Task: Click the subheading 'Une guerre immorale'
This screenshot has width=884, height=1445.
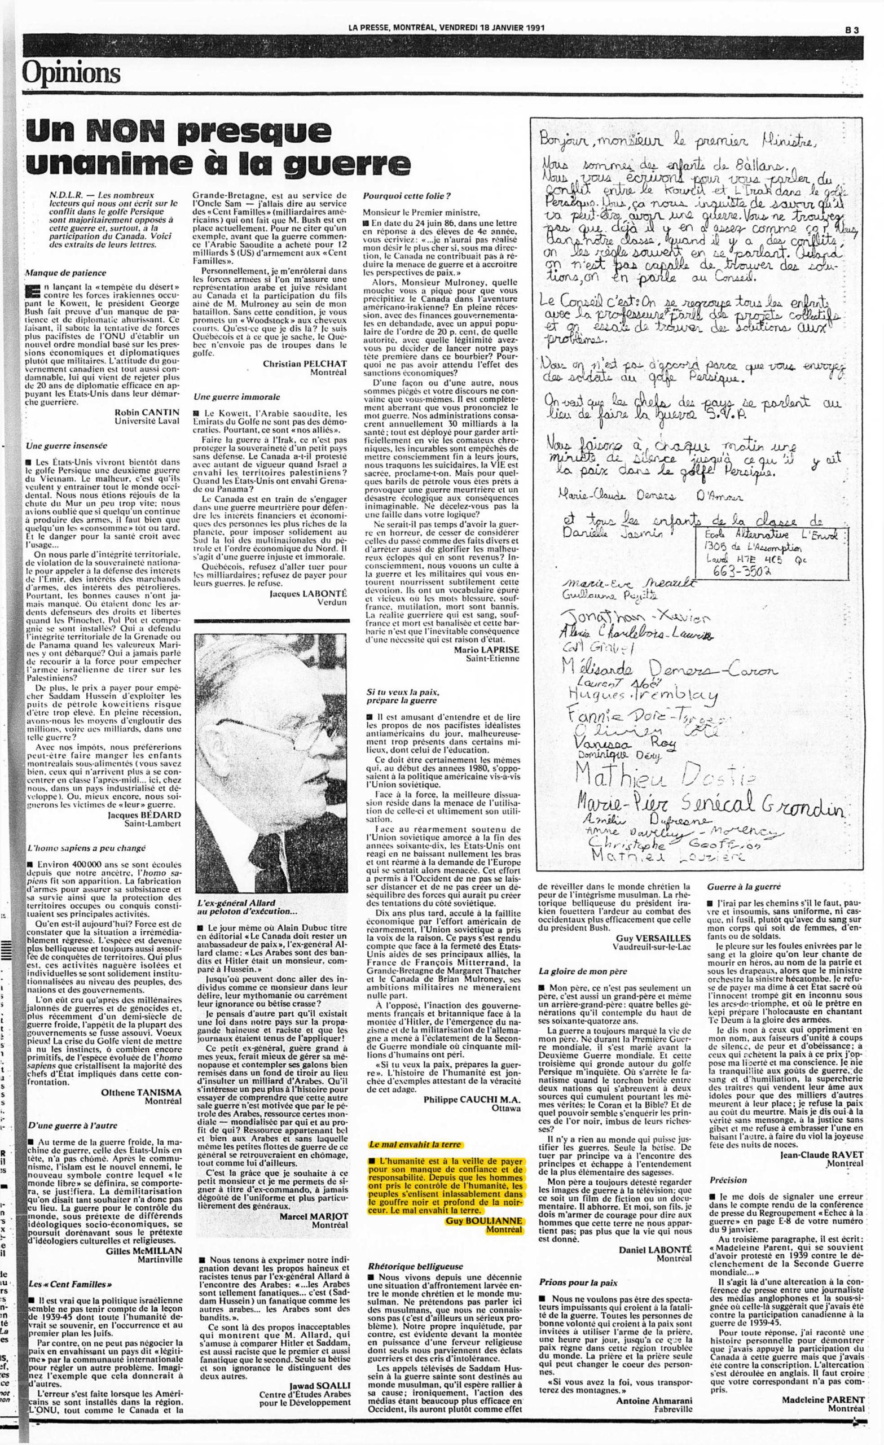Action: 228,397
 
